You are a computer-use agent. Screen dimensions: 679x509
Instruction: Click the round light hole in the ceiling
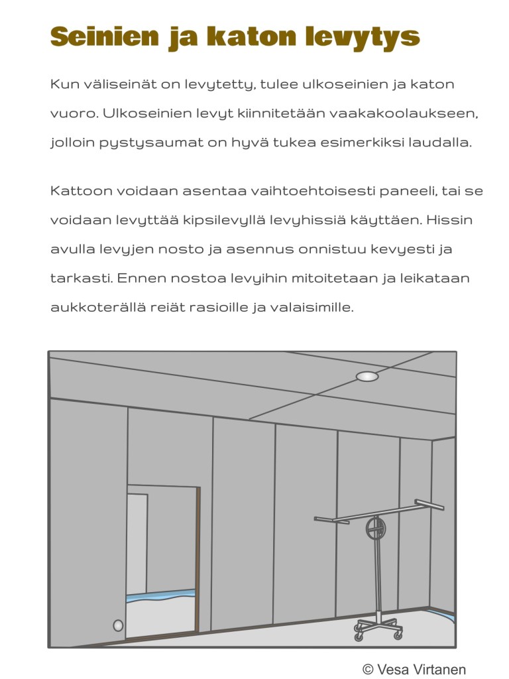click(x=367, y=377)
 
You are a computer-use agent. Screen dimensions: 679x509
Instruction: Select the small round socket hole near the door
click(x=118, y=625)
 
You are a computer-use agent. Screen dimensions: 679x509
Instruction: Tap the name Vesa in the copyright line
click(x=394, y=669)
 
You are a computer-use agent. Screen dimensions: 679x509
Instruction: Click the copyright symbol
click(x=368, y=669)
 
